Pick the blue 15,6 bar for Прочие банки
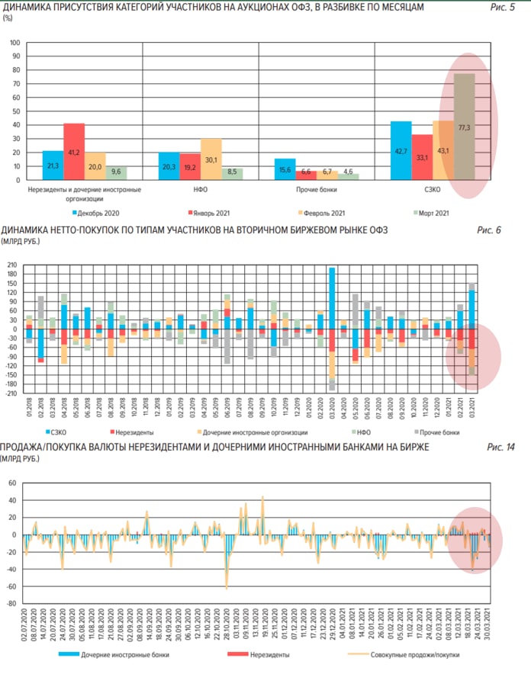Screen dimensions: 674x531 coord(284,168)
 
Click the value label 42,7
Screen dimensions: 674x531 coord(401,151)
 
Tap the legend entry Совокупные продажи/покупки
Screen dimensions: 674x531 coord(394,654)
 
